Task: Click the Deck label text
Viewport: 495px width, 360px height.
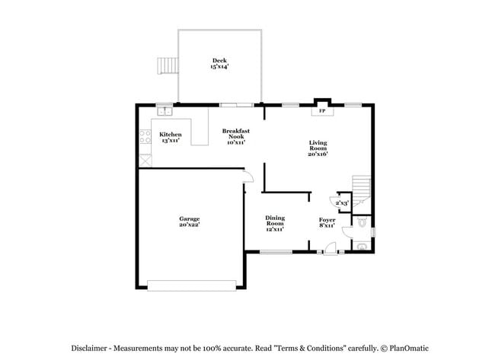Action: [x=219, y=61]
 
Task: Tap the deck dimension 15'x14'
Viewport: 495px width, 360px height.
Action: [x=219, y=67]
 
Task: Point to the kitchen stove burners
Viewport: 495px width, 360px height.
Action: [x=143, y=138]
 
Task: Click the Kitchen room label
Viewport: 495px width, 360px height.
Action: [x=170, y=134]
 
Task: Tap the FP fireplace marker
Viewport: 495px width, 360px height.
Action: [x=321, y=111]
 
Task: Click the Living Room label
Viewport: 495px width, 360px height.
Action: [x=318, y=145]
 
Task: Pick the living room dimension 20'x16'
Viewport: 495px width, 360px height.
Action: [x=318, y=155]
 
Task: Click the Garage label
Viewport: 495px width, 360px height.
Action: [x=189, y=218]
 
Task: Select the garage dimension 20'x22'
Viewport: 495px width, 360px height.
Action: [x=189, y=225]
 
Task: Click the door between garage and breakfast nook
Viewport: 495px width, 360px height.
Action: [x=245, y=178]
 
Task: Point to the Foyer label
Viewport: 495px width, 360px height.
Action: [x=327, y=220]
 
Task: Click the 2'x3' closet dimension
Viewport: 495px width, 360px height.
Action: [x=342, y=203]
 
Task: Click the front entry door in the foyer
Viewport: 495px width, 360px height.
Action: [x=330, y=249]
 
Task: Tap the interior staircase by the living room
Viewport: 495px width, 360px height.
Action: [x=359, y=186]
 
